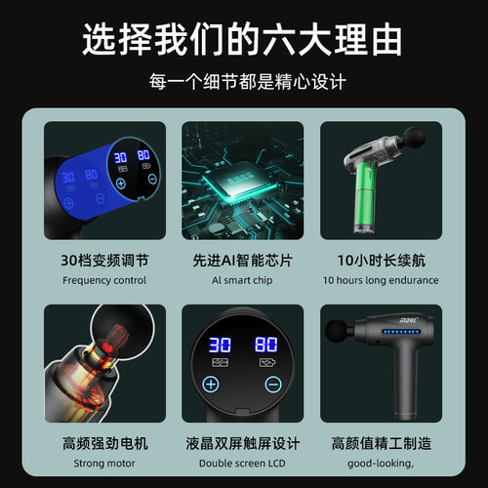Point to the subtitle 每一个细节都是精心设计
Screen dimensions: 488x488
[244, 82]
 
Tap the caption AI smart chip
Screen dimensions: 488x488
[243, 280]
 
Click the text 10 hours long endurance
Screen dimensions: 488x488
[380, 280]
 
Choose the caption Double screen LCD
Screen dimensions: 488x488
[243, 464]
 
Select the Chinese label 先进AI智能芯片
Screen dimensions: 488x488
[243, 261]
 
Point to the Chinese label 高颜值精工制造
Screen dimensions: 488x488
[380, 443]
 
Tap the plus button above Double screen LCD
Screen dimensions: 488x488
[211, 384]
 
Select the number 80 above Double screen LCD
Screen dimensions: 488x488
[265, 346]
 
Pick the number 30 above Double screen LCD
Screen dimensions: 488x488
[219, 346]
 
